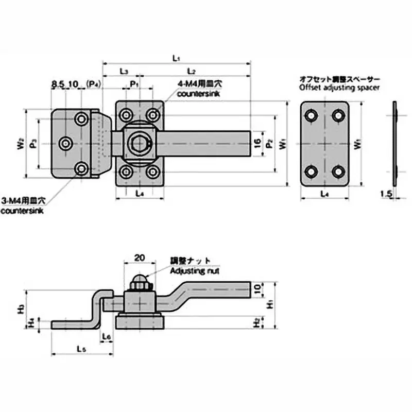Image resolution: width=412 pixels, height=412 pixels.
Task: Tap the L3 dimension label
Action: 124,70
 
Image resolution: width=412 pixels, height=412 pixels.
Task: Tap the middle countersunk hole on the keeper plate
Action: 66,144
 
